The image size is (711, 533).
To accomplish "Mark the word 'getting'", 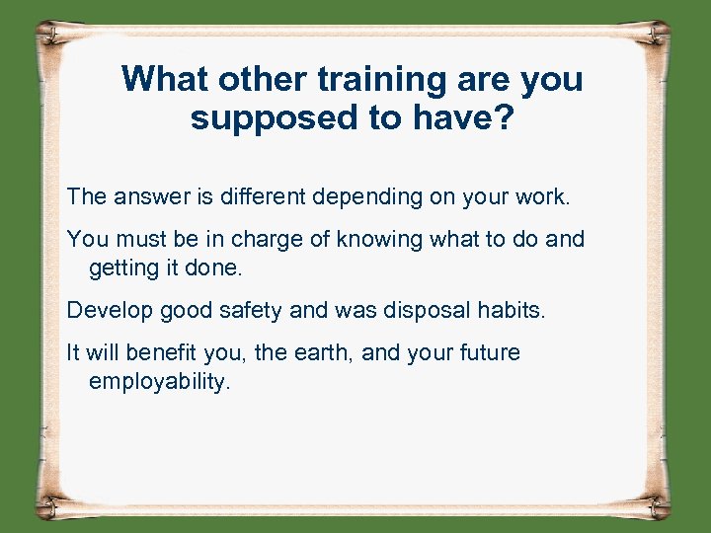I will click(124, 267).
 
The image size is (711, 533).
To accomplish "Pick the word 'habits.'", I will click(510, 310).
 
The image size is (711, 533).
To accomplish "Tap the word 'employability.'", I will click(160, 382).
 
